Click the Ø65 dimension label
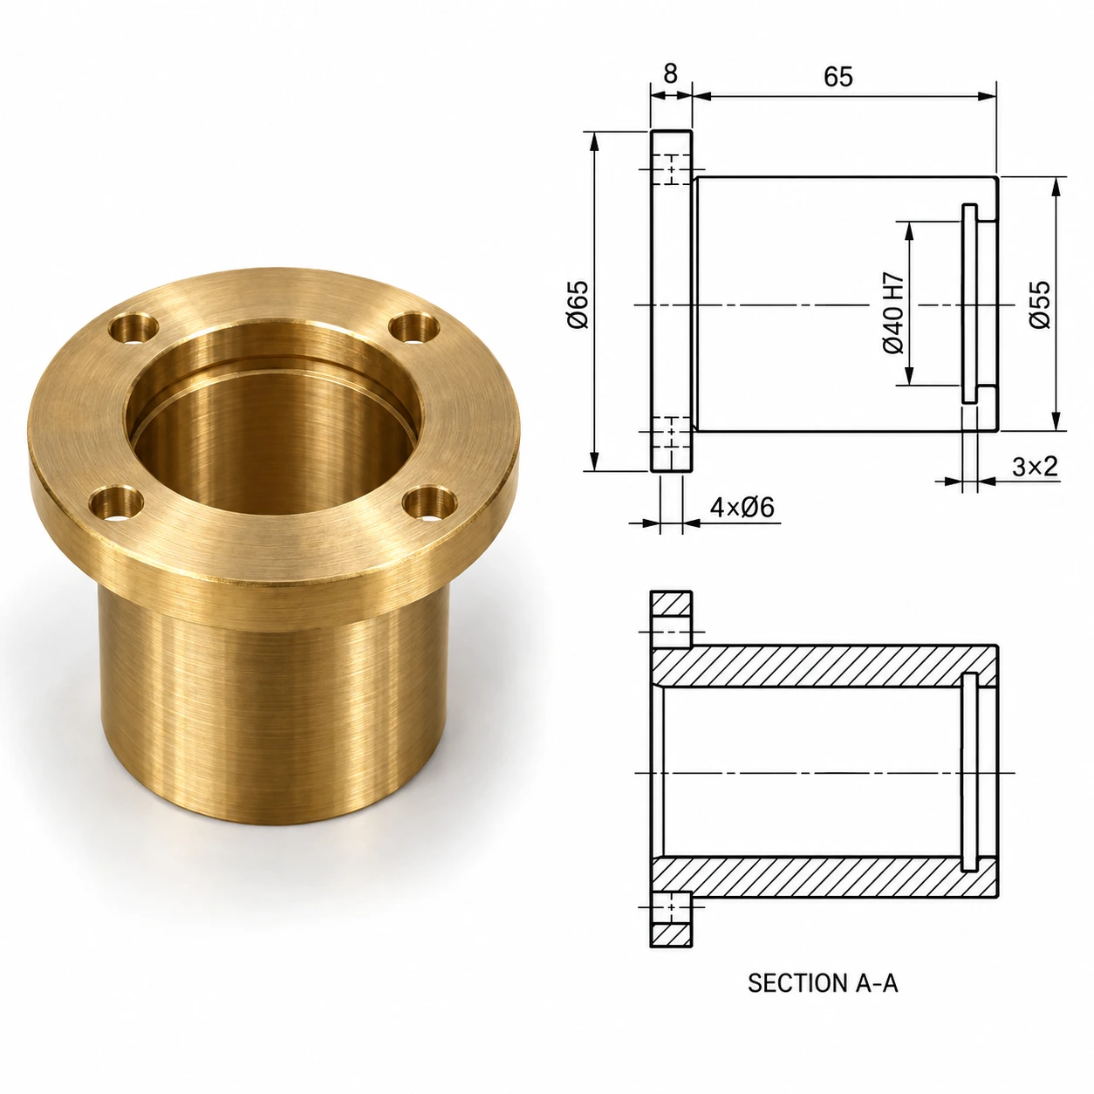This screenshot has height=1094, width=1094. click(578, 304)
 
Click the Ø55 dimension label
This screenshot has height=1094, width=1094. click(1040, 304)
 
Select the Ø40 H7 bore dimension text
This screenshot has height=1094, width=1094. click(893, 313)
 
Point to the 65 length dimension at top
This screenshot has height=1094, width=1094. click(838, 76)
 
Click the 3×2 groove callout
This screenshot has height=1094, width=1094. click(1035, 466)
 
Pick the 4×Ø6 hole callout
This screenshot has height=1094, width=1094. click(742, 507)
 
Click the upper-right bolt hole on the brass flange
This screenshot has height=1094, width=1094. click(415, 327)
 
